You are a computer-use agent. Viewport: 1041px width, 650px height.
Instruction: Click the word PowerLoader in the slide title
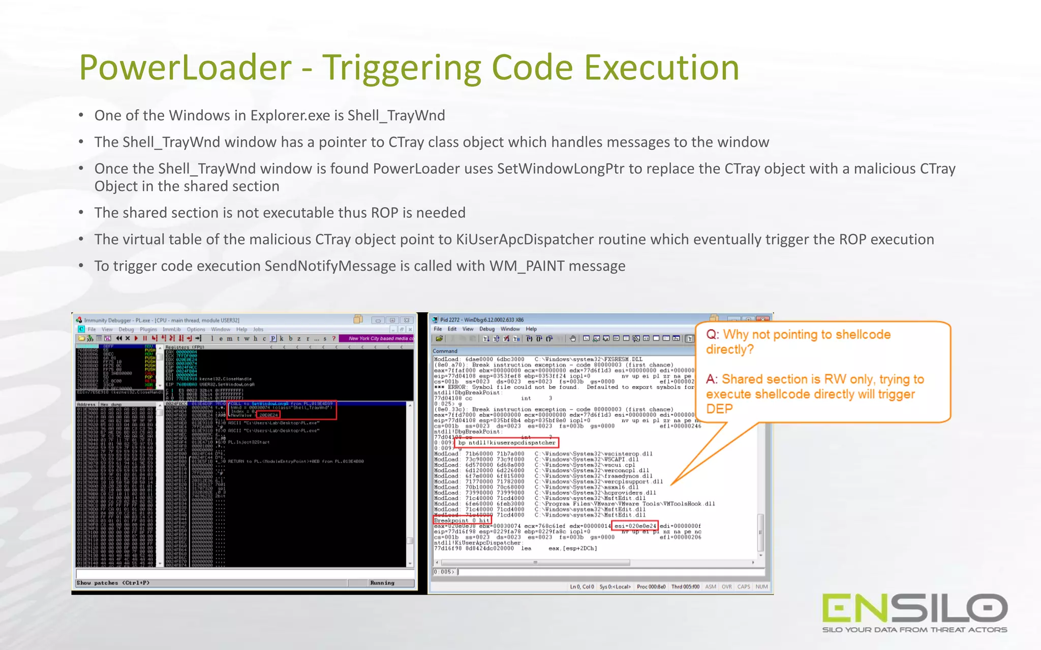point(185,68)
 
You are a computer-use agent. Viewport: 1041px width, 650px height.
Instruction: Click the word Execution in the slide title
point(661,68)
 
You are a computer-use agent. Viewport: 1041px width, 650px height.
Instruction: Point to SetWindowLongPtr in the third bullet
point(560,169)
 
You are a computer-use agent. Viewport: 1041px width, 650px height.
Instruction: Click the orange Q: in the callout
point(713,335)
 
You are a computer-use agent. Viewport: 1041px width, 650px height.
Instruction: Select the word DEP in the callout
point(719,409)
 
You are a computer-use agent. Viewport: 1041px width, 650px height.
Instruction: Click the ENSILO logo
point(914,608)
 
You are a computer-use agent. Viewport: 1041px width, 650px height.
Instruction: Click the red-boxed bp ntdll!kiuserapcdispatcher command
point(507,443)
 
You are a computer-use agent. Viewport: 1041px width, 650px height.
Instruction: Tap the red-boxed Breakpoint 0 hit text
point(462,521)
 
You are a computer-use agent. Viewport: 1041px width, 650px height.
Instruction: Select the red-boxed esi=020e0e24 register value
point(635,526)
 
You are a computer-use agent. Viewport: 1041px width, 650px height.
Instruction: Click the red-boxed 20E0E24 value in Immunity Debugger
point(268,415)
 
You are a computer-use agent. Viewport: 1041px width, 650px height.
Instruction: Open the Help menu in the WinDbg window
point(531,329)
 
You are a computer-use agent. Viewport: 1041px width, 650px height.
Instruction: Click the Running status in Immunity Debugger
point(382,583)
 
